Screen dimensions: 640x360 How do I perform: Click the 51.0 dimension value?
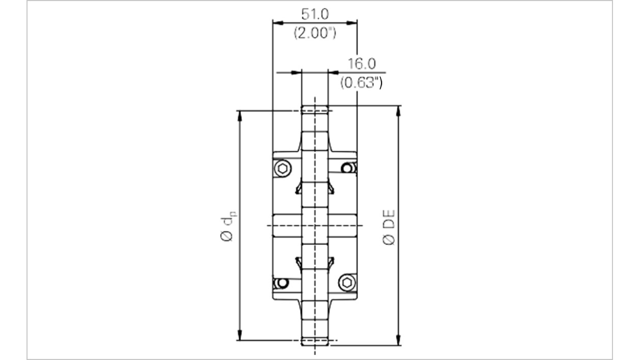(315, 14)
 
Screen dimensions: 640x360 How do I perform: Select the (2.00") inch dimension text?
(315, 33)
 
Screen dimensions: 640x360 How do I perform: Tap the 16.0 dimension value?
(361, 63)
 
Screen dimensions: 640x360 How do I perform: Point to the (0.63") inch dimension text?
(361, 83)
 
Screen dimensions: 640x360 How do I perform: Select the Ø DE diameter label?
(388, 227)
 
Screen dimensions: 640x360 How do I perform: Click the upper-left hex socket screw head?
(282, 168)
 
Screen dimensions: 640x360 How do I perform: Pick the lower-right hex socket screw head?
(347, 283)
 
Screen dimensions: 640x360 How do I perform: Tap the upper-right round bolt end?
(347, 168)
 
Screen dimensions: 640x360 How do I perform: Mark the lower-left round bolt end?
(282, 283)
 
